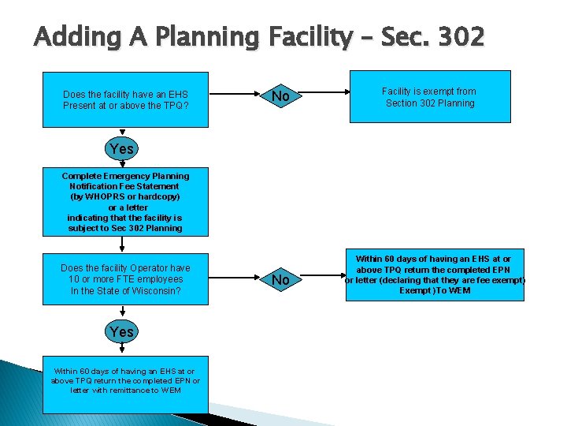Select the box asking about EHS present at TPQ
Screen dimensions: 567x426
click(x=125, y=99)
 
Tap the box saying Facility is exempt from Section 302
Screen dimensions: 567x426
click(x=430, y=96)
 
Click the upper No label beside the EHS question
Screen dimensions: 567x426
click(x=280, y=97)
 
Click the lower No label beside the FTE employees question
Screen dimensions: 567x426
click(x=280, y=280)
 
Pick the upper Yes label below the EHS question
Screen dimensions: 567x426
click(x=122, y=148)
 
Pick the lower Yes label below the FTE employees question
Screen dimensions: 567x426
click(x=122, y=332)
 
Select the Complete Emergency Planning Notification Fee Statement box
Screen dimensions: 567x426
click(x=125, y=202)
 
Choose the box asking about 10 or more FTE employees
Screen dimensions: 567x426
click(x=125, y=279)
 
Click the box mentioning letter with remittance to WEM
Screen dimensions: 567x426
click(x=125, y=380)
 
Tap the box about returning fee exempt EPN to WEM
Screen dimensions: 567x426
click(x=434, y=275)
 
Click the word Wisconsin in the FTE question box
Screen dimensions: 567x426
click(x=156, y=290)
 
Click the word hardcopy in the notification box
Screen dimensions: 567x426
click(x=160, y=196)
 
